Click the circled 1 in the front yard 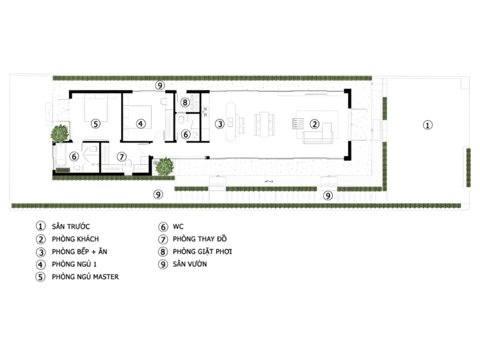428,125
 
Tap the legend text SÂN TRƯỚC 70,226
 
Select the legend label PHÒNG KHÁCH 76,239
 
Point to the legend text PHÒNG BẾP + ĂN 79,251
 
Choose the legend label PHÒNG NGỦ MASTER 85,276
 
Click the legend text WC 178,226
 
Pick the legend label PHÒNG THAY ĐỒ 200,239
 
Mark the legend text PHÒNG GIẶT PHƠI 202,251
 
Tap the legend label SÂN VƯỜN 190,264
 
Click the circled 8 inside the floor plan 184,102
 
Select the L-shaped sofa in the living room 318,134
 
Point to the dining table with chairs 264,124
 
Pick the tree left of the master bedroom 60,134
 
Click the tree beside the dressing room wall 164,167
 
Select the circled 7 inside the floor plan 122,157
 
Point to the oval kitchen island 230,121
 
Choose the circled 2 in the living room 314,124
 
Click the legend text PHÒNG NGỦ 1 74,264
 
